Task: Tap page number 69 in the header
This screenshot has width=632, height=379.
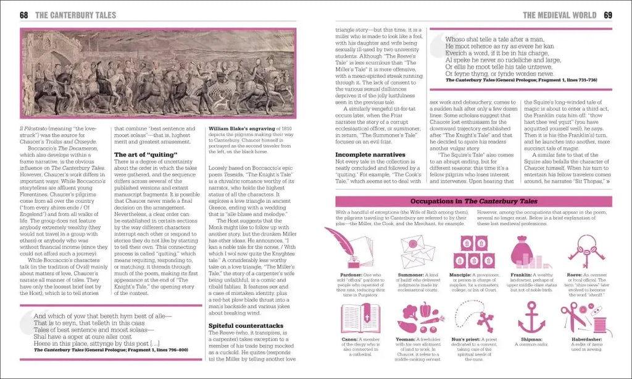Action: (608, 15)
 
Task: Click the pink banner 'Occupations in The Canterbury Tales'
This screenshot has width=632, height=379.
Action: (473, 202)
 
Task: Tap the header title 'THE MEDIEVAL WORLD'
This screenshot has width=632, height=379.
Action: (559, 15)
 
